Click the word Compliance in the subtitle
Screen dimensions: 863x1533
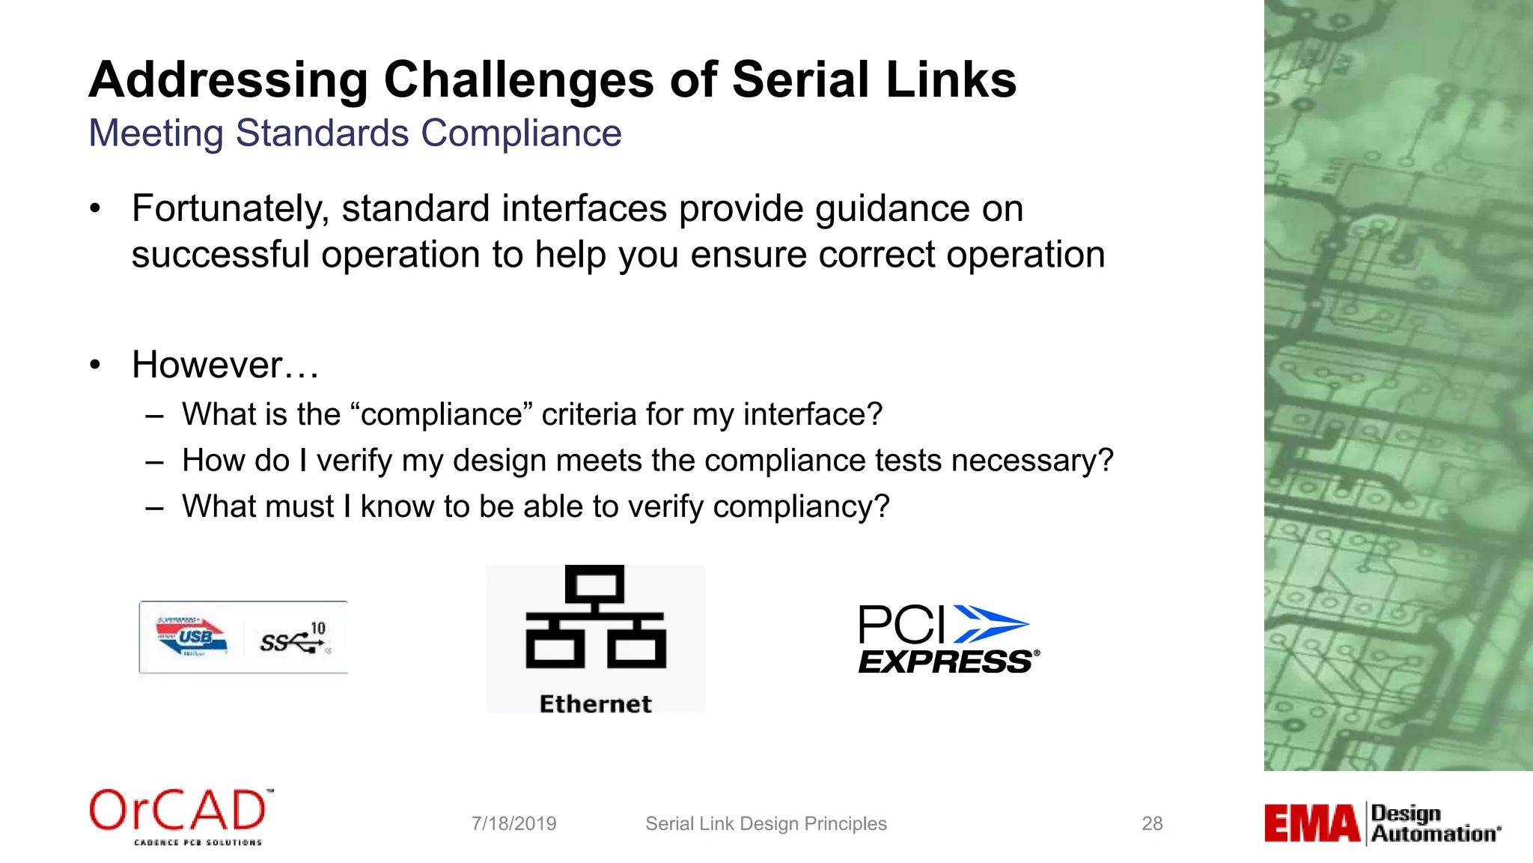point(521,133)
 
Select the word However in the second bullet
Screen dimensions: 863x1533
point(207,366)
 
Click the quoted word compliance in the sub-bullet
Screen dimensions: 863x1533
point(442,414)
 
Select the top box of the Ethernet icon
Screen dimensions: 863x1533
point(595,585)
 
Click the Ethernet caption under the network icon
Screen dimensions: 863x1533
point(595,704)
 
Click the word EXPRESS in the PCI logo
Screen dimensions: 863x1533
point(945,662)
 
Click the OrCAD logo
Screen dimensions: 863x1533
point(180,815)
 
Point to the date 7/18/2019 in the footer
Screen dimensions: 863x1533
point(513,824)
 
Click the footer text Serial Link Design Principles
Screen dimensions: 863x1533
point(766,824)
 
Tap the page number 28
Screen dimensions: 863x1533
point(1152,824)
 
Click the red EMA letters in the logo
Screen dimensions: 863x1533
point(1311,824)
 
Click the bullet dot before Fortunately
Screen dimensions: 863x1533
point(95,209)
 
